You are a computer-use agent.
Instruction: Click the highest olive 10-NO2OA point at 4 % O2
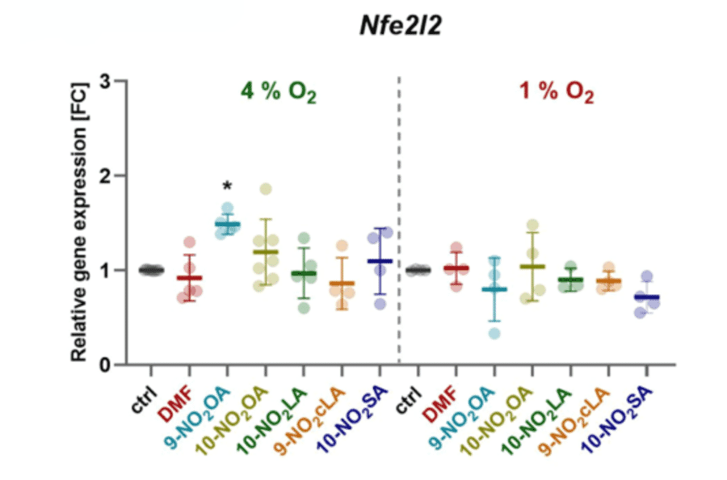(265, 189)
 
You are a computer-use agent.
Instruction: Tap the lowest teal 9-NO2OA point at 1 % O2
(494, 333)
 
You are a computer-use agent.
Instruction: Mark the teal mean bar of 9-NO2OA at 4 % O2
(227, 224)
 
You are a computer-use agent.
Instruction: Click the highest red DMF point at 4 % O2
(189, 242)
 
